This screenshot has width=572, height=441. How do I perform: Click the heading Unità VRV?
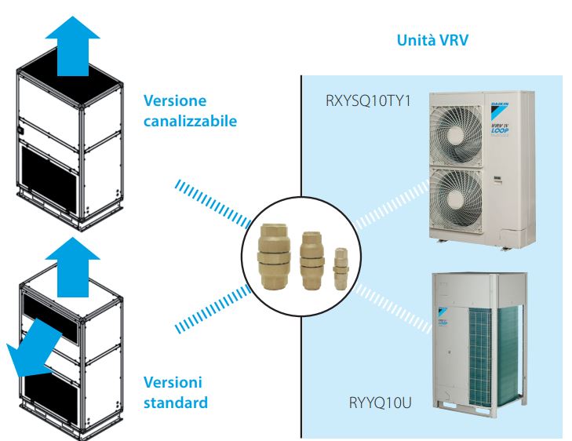point(432,40)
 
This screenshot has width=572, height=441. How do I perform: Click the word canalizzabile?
point(191,122)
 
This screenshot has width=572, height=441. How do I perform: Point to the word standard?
point(176,403)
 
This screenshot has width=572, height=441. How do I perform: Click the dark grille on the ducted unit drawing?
point(54,178)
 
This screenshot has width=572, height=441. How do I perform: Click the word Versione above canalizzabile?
point(175,101)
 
